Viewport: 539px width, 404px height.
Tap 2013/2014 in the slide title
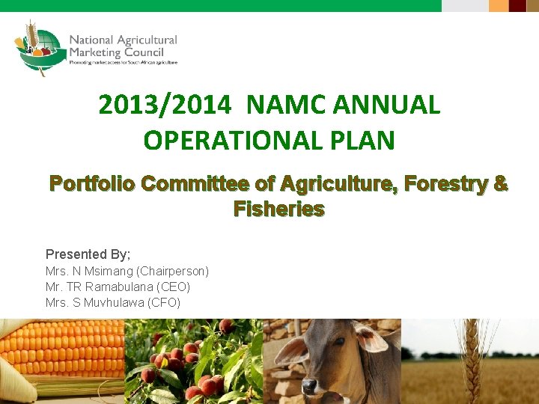pos(165,105)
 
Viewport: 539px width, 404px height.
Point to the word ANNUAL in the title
pos(389,105)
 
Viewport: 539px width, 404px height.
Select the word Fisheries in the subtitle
pos(278,209)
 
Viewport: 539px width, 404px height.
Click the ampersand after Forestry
pos(500,183)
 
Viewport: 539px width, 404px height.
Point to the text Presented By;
pos(88,254)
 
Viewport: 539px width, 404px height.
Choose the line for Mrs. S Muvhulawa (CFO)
pos(112,302)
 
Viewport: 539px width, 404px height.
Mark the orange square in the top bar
pos(499,6)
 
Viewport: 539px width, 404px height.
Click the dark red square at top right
pos(518,6)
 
